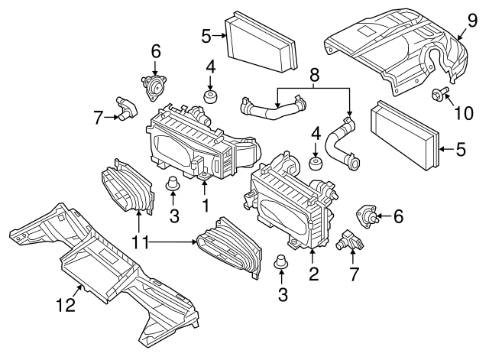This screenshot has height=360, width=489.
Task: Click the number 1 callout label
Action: click(205, 206)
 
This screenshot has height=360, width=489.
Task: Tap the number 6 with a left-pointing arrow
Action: click(397, 217)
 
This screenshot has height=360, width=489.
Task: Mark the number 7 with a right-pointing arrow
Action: click(98, 117)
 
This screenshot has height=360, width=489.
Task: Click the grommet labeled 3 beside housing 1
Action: click(173, 184)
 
